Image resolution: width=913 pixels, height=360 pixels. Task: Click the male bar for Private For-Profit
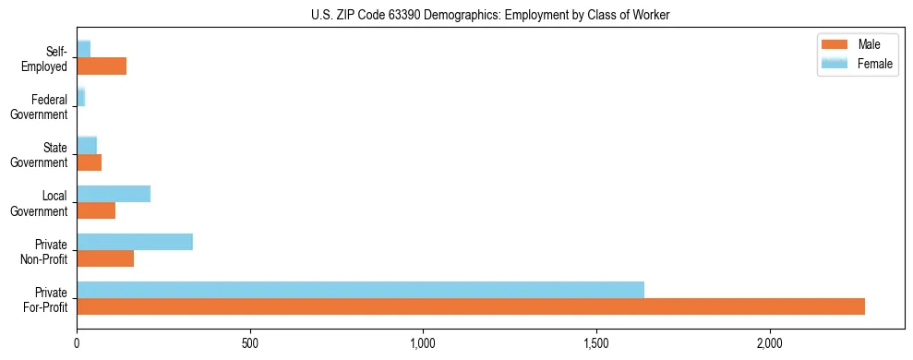[x=471, y=306]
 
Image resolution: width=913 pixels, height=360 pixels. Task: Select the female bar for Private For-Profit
[x=360, y=290]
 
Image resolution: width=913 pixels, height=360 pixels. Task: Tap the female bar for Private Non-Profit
[x=135, y=242]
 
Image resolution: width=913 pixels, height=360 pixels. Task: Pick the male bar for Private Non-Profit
[x=105, y=258]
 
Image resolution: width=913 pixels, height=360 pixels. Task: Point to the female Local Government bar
[x=114, y=194]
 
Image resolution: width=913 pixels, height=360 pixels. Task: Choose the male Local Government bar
[x=96, y=210]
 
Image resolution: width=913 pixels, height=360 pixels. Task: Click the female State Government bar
[x=87, y=146]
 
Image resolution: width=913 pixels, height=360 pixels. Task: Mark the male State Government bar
[x=89, y=162]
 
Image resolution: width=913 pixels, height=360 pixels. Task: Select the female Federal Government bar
[x=81, y=97]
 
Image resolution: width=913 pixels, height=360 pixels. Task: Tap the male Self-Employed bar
[x=102, y=66]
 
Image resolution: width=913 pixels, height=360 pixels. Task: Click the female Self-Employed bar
[x=83, y=49]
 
